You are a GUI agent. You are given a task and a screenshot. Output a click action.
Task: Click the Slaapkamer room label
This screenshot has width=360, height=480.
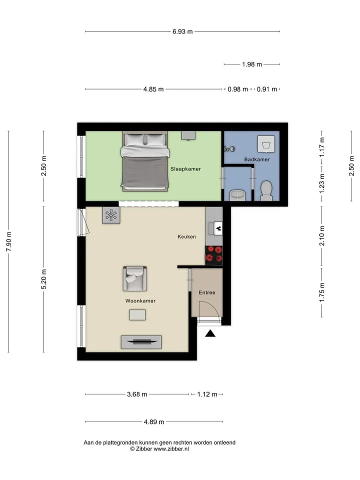185,169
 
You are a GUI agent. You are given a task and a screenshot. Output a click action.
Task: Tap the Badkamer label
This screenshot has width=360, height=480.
257,159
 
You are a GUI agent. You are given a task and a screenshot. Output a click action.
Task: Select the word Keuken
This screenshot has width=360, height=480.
186,236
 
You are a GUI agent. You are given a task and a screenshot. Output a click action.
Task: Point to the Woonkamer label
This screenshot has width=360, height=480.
140,301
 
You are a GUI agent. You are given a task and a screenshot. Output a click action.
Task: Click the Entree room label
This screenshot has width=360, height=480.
207,292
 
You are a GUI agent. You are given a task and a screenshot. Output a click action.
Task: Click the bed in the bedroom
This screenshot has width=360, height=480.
145,161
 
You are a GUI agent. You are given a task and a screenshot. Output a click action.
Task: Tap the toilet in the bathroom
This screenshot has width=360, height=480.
266,190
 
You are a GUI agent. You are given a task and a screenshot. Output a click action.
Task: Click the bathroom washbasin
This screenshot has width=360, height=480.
237,195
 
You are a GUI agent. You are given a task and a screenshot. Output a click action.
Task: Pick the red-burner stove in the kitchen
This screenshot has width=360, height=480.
213,255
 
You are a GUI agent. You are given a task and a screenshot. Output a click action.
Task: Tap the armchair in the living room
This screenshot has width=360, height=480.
134,278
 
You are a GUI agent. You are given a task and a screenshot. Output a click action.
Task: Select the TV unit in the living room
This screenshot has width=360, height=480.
141,342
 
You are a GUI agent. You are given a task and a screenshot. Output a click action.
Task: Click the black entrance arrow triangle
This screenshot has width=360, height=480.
210,333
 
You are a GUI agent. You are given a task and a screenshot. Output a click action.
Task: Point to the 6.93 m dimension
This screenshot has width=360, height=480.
182,31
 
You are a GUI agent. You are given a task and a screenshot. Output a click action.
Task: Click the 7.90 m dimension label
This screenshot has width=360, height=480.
9,241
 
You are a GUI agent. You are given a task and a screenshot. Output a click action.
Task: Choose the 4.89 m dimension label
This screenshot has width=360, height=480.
154,422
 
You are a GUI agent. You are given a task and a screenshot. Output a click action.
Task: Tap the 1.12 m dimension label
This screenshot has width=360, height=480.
207,394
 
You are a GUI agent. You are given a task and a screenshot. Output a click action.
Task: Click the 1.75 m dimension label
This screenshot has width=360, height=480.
321,292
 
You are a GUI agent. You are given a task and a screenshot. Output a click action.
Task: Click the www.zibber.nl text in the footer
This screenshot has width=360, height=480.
171,449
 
